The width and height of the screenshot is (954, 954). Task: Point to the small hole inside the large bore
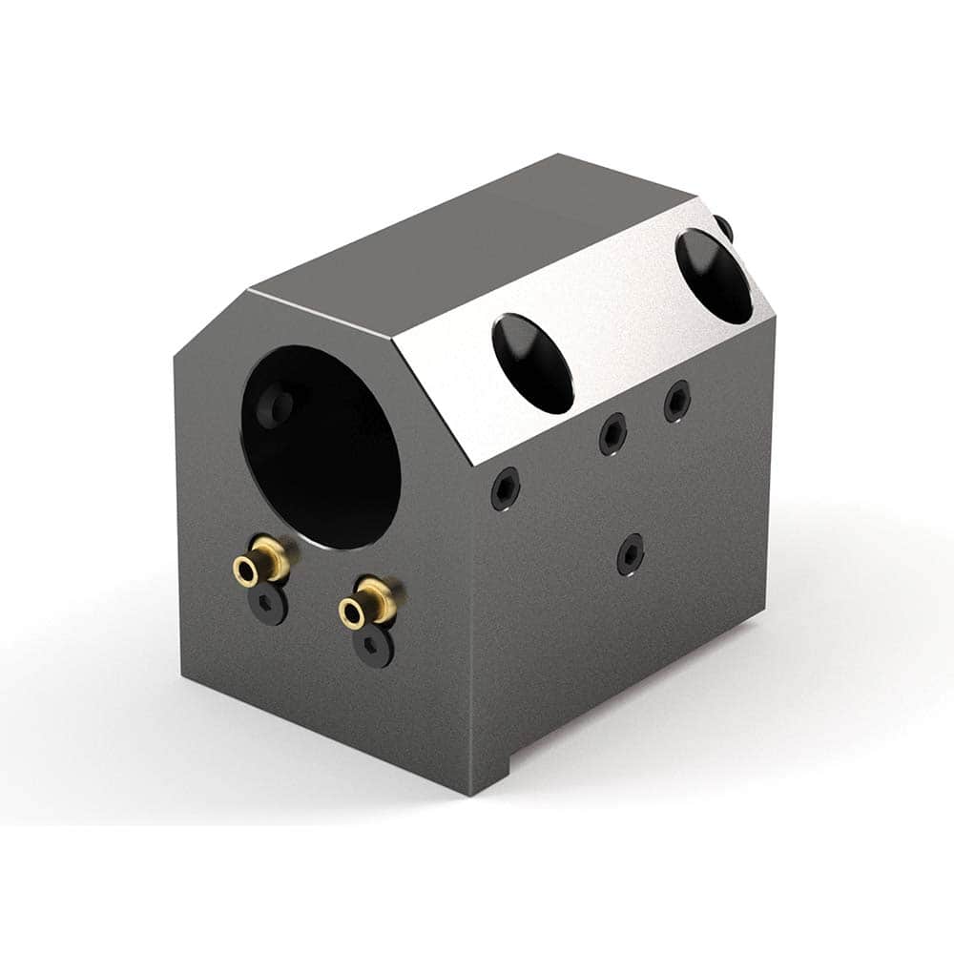(x=280, y=406)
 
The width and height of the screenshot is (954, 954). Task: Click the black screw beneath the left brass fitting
(x=270, y=606)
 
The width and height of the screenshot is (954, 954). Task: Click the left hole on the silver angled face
(x=533, y=363)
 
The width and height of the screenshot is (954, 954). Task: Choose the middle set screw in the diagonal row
(x=612, y=435)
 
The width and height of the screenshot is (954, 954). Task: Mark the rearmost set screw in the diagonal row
(x=677, y=400)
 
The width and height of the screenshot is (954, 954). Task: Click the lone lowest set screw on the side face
(x=630, y=554)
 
